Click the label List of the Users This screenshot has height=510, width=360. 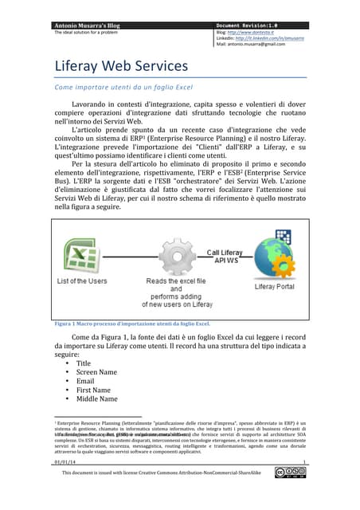[x=82, y=281]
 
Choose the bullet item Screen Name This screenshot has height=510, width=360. [x=96, y=371]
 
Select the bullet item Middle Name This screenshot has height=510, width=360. [x=96, y=398]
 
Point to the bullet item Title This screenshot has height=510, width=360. [x=84, y=363]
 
